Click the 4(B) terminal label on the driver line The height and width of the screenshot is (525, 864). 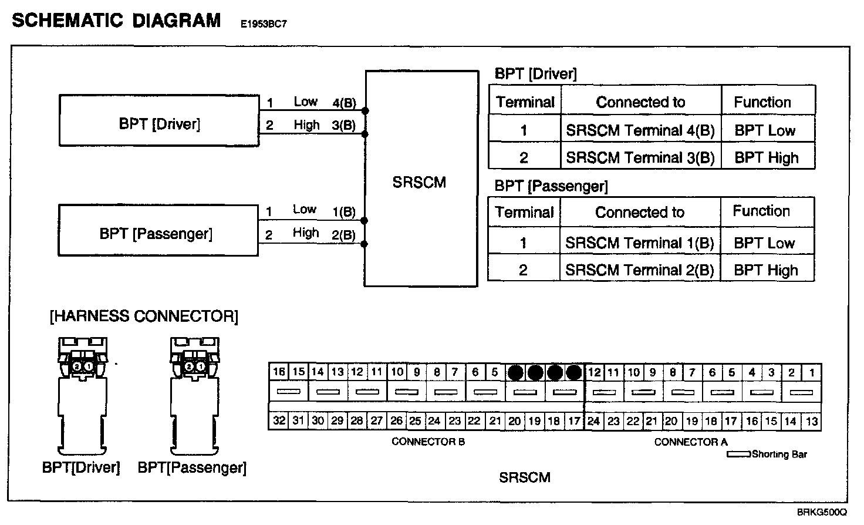tap(344, 103)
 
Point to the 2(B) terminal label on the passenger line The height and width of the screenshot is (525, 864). tap(343, 235)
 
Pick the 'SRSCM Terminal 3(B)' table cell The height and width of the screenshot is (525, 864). tap(640, 157)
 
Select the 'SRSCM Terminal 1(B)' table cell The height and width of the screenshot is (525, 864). tap(640, 243)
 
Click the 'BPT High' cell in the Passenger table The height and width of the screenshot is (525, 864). tap(766, 270)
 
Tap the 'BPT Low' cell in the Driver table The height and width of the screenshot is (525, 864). tap(765, 130)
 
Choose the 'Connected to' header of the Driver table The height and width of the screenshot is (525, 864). tap(640, 102)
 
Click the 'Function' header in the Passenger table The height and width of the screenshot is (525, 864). tap(761, 211)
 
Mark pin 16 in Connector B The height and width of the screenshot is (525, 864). tap(279, 372)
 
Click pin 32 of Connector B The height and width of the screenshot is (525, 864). tap(279, 420)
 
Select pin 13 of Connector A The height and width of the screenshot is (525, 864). tap(812, 420)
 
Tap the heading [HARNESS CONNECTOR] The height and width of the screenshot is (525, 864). tap(144, 317)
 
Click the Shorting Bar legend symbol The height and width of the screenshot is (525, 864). tap(738, 454)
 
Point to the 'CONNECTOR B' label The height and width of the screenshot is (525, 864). tap(428, 442)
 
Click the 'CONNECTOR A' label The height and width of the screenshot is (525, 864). tap(691, 442)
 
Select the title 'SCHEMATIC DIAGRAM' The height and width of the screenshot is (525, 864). tap(116, 21)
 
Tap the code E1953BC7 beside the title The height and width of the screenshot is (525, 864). tap(264, 25)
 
